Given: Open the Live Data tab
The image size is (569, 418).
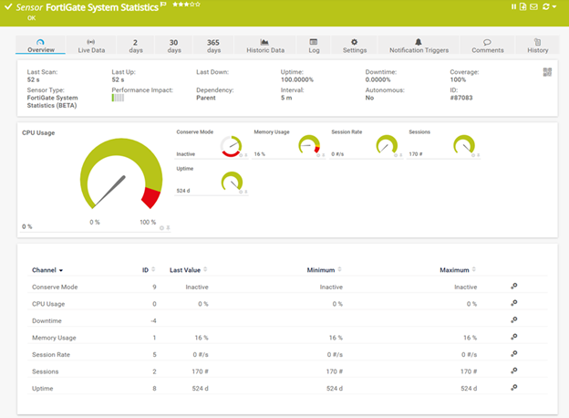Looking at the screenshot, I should coord(89,46).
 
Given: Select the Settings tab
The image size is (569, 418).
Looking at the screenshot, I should coord(355,46).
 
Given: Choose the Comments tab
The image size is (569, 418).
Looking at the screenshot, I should coord(488,46).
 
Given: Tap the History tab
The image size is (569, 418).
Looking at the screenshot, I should coord(537,46).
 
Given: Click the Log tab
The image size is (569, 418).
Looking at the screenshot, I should coord(314,46).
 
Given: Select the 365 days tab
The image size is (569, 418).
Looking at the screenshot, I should coord(213,46).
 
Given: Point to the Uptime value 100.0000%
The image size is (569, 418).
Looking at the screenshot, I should coord(298,80).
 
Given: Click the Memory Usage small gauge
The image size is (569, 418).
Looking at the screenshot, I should coord(310,146).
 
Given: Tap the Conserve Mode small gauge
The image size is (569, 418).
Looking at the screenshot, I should coord(232,146).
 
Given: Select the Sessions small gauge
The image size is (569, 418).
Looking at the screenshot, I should coord(464,146).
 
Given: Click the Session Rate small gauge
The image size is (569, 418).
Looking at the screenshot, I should coord(388,146).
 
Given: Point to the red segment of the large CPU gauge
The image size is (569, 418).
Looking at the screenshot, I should coord(153,193).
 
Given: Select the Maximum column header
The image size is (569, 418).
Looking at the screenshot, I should coord(454,270).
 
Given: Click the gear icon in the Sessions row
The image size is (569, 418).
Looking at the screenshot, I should coord(514,371).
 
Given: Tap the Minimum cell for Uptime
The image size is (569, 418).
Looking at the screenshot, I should coord(333,388).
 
